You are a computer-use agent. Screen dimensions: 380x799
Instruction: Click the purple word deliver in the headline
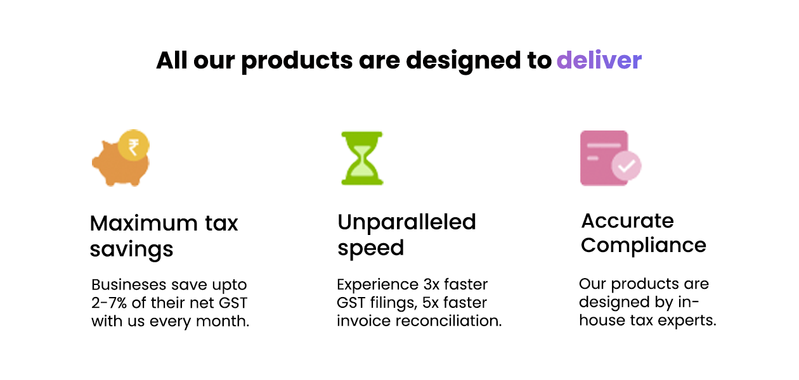pyautogui.click(x=599, y=60)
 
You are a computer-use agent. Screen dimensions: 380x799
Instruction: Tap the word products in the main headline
pyautogui.click(x=297, y=61)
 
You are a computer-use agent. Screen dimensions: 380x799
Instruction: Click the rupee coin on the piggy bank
pyautogui.click(x=134, y=148)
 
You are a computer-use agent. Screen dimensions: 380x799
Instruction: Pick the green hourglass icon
pyautogui.click(x=361, y=158)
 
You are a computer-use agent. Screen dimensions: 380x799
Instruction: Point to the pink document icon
pyautogui.click(x=604, y=158)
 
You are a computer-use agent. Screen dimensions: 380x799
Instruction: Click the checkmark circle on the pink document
pyautogui.click(x=627, y=167)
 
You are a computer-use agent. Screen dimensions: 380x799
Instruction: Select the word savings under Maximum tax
pyautogui.click(x=131, y=250)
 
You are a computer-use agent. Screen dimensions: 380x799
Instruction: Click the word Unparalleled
pyautogui.click(x=406, y=222)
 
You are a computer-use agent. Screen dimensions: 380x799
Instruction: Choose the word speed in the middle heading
pyautogui.click(x=370, y=248)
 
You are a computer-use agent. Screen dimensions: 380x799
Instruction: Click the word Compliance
pyautogui.click(x=643, y=245)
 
